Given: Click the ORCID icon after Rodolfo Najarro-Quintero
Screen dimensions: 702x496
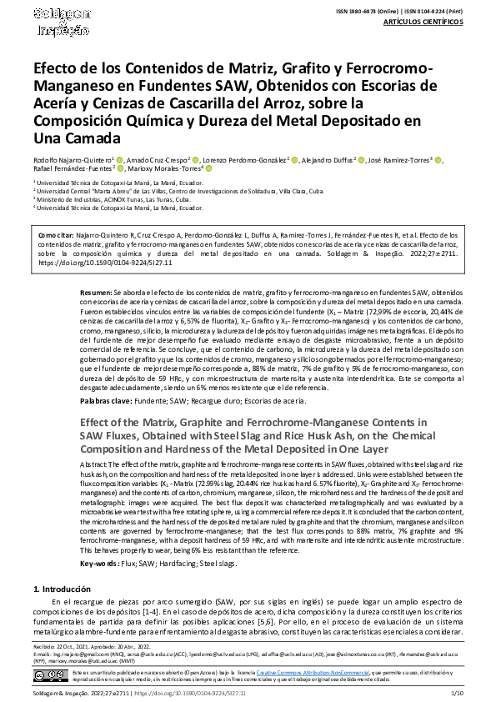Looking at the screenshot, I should click(x=120, y=159).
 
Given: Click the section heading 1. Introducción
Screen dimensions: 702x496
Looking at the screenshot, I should click(x=68, y=589).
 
